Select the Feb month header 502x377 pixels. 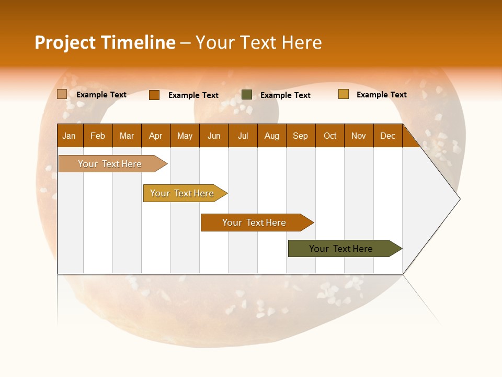pyautogui.click(x=98, y=136)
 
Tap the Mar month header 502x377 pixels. pyautogui.click(x=127, y=136)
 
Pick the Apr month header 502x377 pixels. pyautogui.click(x=156, y=136)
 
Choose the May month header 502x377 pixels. pyautogui.click(x=185, y=136)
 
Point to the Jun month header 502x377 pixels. pyautogui.click(x=214, y=136)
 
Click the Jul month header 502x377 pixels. pyautogui.click(x=243, y=136)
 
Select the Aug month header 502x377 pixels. pyautogui.click(x=272, y=136)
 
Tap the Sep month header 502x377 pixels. pyautogui.click(x=301, y=136)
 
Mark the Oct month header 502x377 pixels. pyautogui.click(x=330, y=136)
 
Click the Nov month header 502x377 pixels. pyautogui.click(x=359, y=136)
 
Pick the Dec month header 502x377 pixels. pyautogui.click(x=388, y=136)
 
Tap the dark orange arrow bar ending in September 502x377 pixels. pyautogui.click(x=255, y=223)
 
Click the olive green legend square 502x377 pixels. pyautogui.click(x=247, y=95)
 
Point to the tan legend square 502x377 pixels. pyautogui.click(x=62, y=94)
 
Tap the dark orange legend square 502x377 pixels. pyautogui.click(x=154, y=95)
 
